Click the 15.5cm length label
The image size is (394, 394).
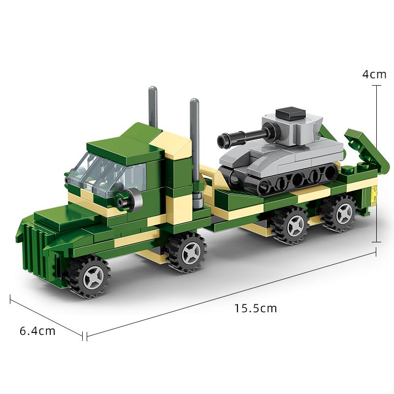[255, 309]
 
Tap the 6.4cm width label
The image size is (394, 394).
[37, 331]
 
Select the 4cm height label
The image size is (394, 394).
[374, 74]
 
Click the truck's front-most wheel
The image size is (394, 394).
[89, 277]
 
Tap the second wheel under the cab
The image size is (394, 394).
[185, 252]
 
